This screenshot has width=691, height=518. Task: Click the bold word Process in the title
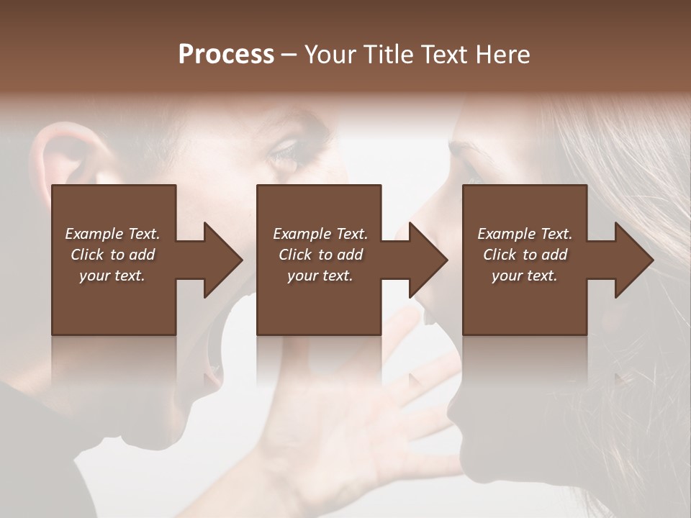[x=226, y=55]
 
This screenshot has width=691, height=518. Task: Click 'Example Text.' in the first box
[x=112, y=234]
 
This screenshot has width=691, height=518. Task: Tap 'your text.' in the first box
[x=112, y=276]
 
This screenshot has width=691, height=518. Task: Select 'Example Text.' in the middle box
[x=320, y=234]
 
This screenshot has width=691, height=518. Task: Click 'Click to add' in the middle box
[x=320, y=255]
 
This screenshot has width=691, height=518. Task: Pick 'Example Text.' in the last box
[x=525, y=234]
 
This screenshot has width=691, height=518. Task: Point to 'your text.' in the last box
[x=525, y=276]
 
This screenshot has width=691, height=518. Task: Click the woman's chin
[x=461, y=417]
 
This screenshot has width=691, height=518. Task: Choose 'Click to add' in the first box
[x=112, y=255]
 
